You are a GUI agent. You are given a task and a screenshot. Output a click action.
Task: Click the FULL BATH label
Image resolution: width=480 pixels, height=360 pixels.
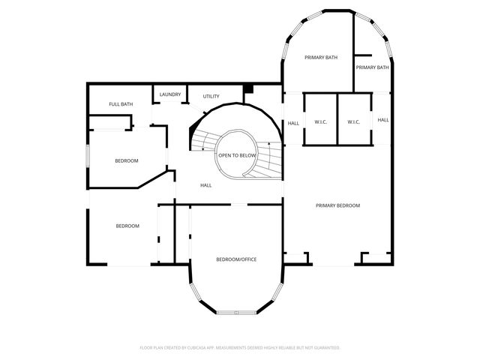121,104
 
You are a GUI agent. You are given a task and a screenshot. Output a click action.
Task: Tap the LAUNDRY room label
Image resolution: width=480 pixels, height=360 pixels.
170,94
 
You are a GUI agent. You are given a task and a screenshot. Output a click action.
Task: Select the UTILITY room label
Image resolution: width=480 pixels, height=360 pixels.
211,97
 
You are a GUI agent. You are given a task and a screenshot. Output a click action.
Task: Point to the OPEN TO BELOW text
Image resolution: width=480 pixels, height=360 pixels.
237,155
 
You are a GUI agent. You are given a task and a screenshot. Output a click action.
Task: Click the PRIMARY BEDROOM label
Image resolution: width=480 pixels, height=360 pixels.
337,205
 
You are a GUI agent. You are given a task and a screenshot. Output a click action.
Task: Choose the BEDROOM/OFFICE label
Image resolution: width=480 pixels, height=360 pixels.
236,259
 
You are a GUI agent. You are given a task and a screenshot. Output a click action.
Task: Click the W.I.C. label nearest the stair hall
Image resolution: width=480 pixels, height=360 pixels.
320,121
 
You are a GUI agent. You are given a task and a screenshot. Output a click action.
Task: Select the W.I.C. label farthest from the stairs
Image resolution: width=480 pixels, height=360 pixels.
354,121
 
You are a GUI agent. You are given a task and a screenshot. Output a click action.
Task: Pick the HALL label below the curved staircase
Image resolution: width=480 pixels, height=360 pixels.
205,185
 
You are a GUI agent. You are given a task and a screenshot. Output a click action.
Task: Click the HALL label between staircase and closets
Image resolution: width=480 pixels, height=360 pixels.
293,124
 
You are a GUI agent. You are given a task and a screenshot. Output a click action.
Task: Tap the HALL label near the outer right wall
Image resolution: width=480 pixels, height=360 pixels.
382,120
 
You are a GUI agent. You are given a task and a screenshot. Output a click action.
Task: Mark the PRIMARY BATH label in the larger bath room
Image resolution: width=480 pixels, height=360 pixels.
320,57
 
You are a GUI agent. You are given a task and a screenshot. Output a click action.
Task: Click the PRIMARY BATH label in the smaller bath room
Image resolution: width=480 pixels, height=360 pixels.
372,67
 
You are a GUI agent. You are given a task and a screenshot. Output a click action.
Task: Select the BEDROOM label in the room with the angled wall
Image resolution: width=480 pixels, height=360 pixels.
126,160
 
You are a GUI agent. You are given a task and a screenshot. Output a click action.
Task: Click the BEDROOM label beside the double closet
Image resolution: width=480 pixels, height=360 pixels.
127,226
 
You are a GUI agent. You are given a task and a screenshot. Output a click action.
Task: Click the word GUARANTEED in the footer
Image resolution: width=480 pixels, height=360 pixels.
326,348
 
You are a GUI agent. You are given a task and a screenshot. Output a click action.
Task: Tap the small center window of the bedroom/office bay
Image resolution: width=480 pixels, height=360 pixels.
236,312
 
